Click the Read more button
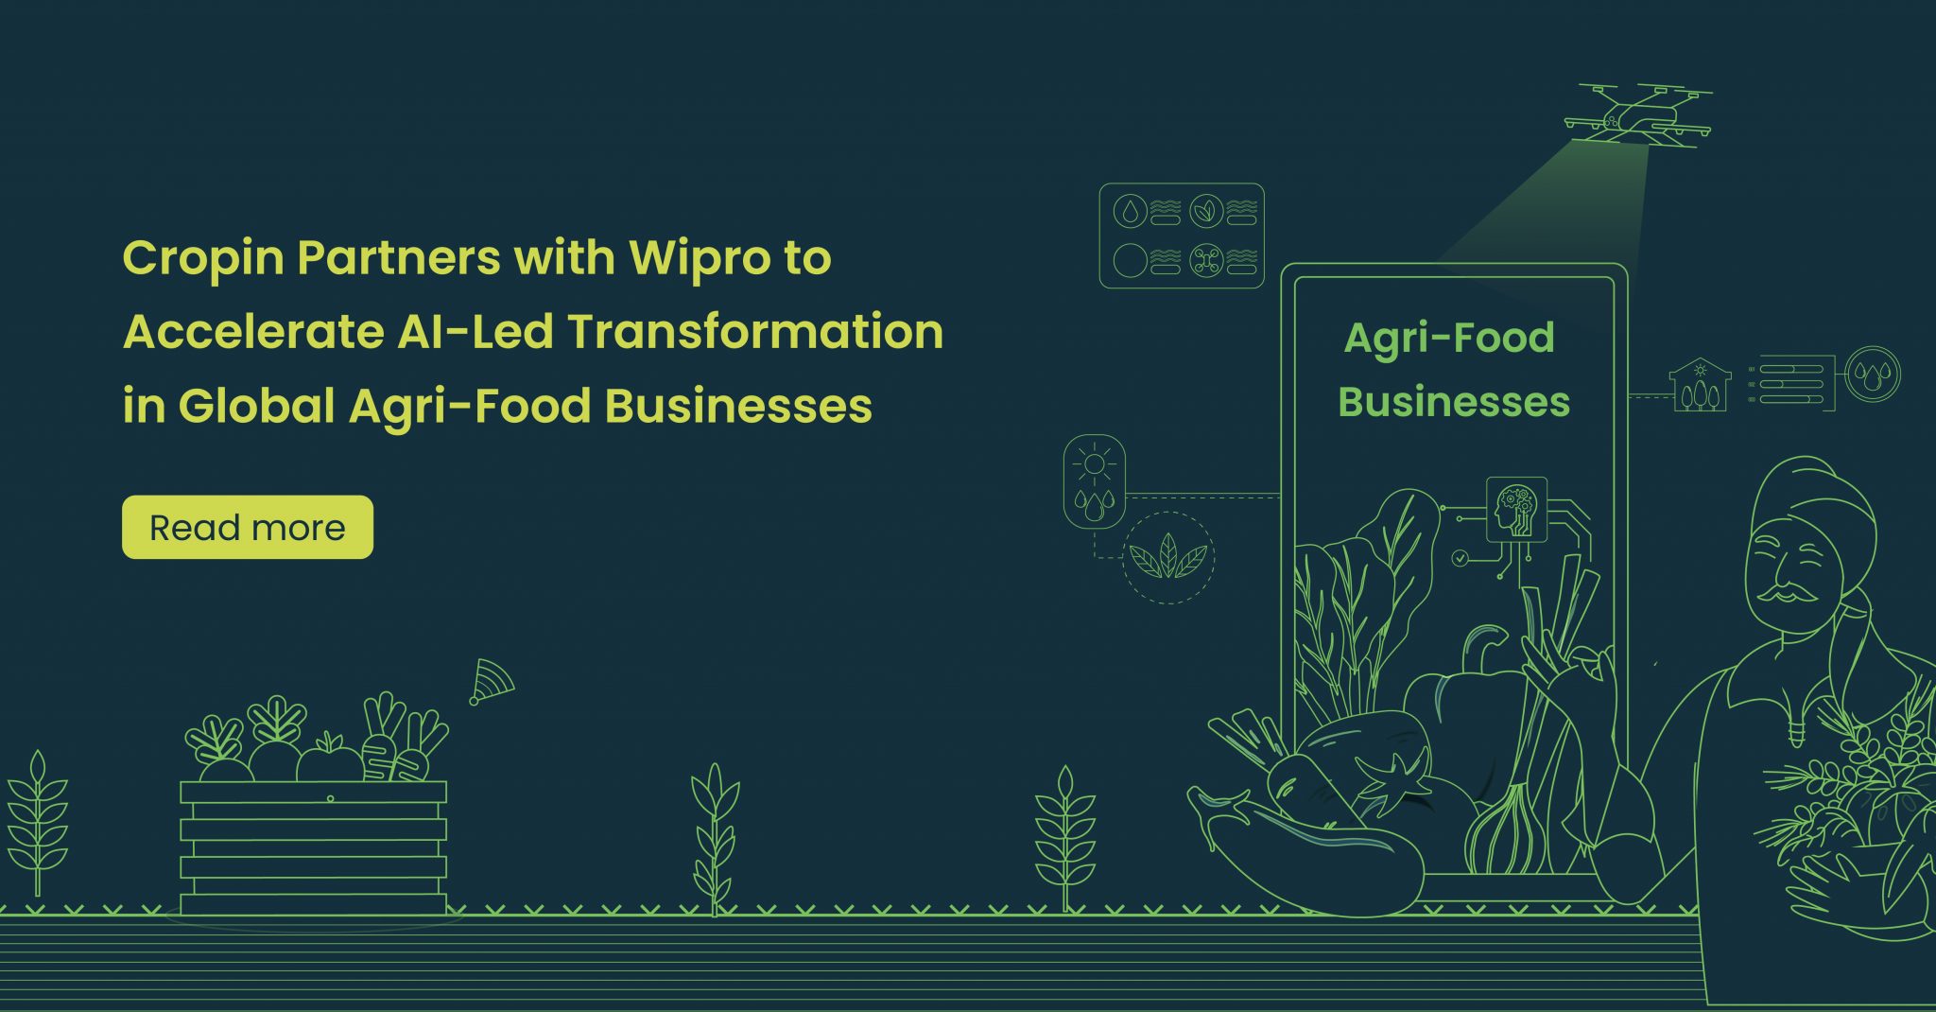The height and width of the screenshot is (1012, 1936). [248, 527]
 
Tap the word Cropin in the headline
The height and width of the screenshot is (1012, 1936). [203, 257]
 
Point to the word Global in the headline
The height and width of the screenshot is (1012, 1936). [256, 406]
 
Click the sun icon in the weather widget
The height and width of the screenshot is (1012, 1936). [1095, 463]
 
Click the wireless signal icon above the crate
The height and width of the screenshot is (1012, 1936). [491, 682]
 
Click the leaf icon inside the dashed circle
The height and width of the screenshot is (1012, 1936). [1168, 558]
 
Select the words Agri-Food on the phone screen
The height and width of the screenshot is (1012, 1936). [1448, 338]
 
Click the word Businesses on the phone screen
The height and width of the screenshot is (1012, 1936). [1454, 402]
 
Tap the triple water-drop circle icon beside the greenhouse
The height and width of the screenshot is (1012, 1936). [1873, 374]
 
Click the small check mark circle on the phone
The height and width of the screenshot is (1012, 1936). [1461, 558]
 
